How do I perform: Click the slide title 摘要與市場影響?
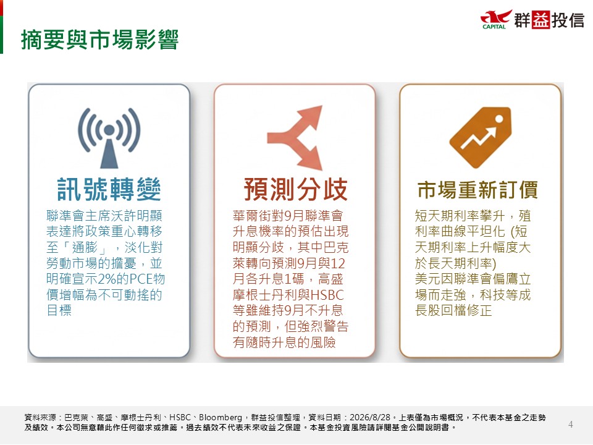click(100, 40)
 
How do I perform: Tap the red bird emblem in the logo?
click(496, 17)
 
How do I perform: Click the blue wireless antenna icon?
click(109, 138)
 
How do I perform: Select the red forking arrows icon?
click(295, 138)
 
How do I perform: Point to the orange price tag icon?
click(481, 137)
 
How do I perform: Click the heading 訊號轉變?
click(109, 189)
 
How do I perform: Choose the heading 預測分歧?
click(295, 189)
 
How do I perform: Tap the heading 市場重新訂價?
click(477, 190)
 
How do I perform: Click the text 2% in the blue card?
click(106, 279)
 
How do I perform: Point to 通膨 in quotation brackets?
click(85, 247)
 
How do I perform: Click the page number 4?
click(571, 425)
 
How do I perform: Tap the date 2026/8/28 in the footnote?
click(370, 417)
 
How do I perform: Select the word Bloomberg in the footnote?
click(221, 418)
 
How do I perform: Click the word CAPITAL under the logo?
click(494, 27)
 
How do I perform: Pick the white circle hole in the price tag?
click(499, 119)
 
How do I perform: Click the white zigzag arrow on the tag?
click(478, 137)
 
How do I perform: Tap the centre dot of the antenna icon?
click(109, 130)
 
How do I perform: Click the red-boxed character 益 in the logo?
click(540, 20)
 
